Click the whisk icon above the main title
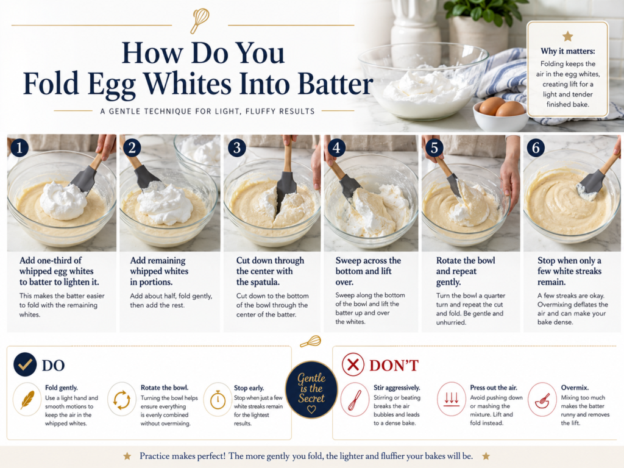click(199, 20)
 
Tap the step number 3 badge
click(237, 147)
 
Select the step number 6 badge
click(536, 147)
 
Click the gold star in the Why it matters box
click(567, 37)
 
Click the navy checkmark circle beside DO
click(24, 364)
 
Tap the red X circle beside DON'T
click(353, 364)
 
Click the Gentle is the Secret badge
click(311, 389)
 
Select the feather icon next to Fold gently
click(27, 400)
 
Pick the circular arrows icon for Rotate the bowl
click(122, 400)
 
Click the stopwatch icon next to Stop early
click(218, 400)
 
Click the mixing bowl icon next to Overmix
click(542, 399)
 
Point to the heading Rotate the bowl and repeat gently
click(466, 271)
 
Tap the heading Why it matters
click(567, 51)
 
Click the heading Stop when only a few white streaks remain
click(570, 271)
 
